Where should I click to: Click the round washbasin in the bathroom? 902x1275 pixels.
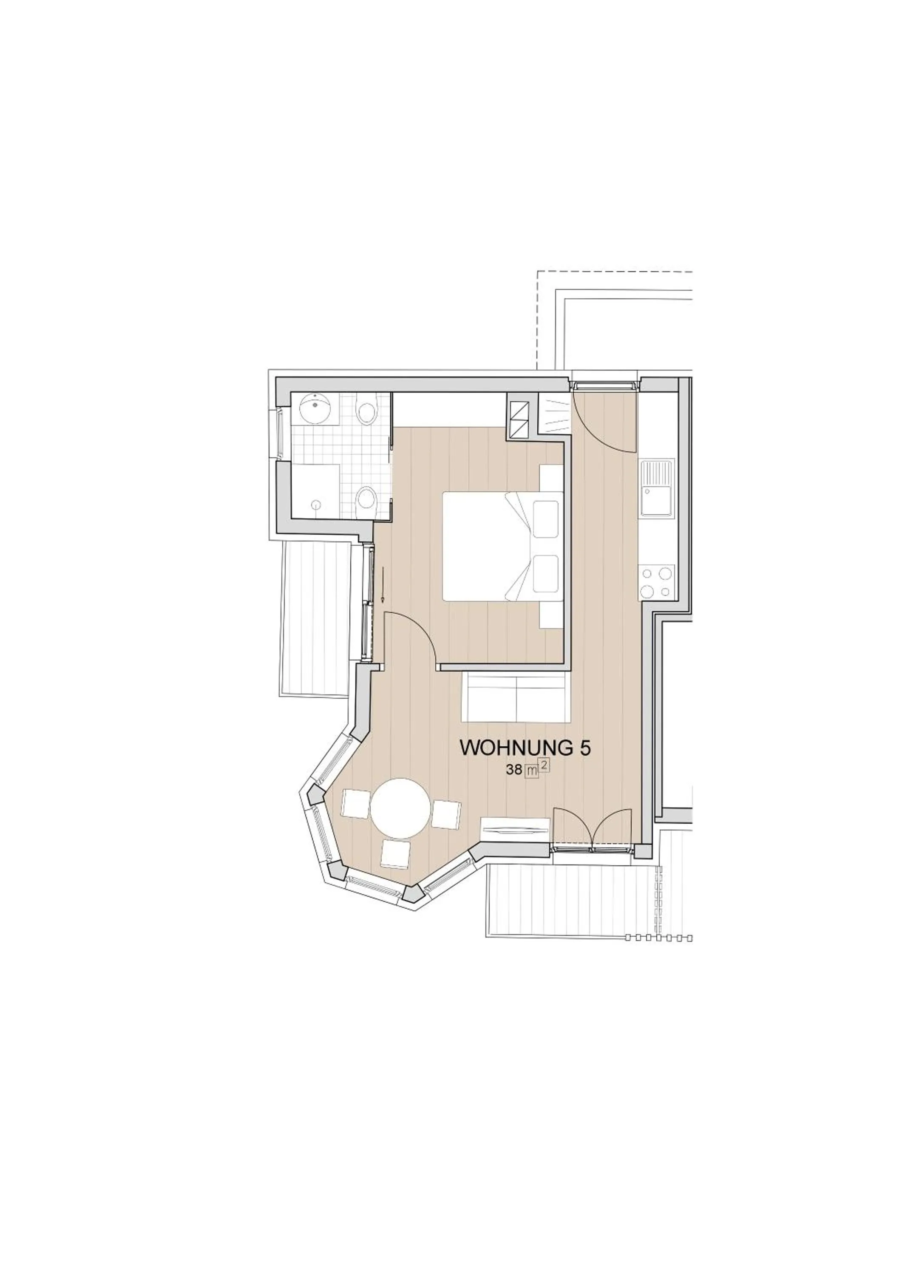tap(315, 409)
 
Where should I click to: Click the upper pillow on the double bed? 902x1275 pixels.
tap(545, 518)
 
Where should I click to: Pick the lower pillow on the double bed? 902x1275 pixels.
tap(545, 574)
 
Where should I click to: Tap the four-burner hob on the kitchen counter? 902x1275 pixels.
tap(657, 582)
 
